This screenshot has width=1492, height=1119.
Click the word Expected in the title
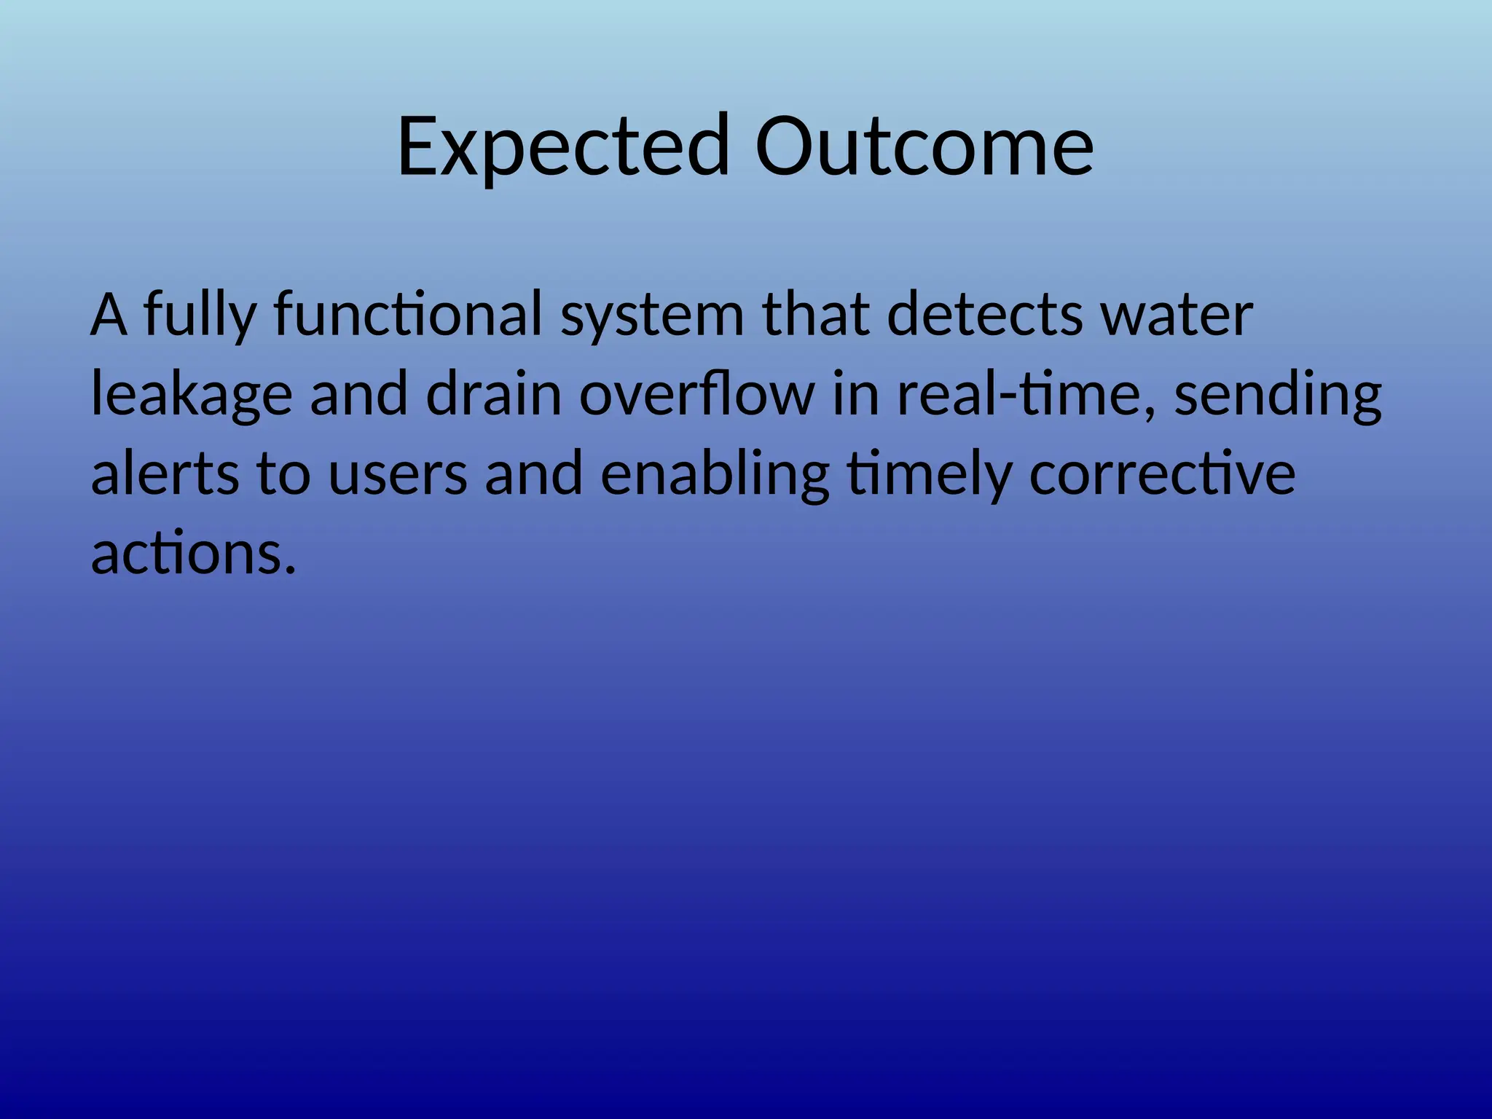tap(562, 147)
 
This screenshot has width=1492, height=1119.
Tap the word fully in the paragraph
tap(199, 315)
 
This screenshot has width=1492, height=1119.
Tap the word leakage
tap(191, 396)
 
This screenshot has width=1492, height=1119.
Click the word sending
tap(1278, 396)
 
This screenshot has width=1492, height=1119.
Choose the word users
tap(397, 475)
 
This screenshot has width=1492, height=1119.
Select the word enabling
tap(715, 475)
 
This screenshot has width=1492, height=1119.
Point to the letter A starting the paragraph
tap(109, 315)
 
